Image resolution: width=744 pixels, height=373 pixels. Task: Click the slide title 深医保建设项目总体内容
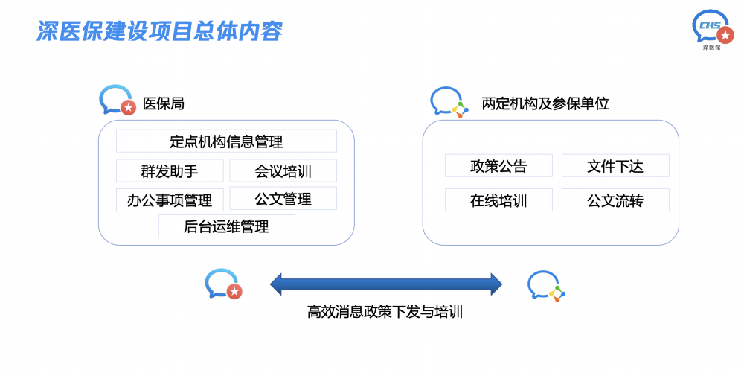[159, 31]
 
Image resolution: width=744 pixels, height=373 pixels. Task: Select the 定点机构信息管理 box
[226, 141]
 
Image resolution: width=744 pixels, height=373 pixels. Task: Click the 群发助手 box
[170, 170]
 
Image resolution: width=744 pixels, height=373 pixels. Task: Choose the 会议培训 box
[283, 170]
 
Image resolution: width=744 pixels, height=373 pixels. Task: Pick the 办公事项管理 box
[170, 200]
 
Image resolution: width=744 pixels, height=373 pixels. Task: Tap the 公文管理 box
[283, 198]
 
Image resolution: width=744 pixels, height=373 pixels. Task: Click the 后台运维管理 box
[226, 226]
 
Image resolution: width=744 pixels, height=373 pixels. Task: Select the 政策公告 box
[498, 165]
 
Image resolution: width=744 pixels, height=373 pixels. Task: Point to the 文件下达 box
[615, 165]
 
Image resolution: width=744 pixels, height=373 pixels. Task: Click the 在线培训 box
[498, 200]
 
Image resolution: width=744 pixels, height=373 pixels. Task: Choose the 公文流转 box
[615, 200]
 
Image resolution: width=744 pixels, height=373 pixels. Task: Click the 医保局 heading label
[163, 103]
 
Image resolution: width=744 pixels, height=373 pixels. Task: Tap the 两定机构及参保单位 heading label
[545, 103]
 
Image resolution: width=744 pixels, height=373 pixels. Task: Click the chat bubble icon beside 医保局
[118, 100]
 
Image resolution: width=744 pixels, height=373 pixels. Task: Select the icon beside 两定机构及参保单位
[449, 102]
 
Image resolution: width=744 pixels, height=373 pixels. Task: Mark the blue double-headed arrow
[385, 284]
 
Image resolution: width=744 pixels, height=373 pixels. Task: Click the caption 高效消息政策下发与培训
[385, 312]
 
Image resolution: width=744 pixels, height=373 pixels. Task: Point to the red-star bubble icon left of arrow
[223, 284]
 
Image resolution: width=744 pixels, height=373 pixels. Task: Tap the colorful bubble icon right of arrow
[546, 286]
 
